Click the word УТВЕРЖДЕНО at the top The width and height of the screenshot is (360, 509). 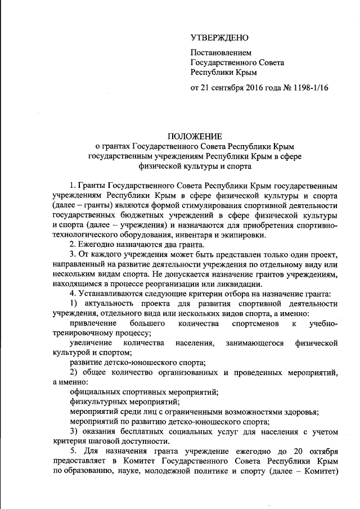point(219,38)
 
